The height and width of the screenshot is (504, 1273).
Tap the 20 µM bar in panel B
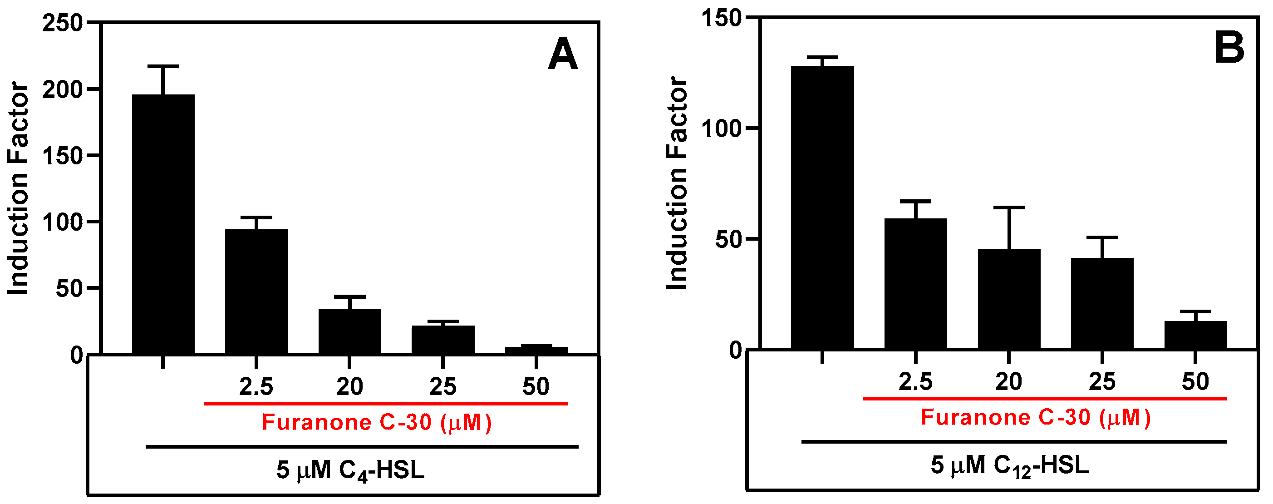point(1008,299)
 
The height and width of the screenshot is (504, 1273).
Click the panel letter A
point(562,55)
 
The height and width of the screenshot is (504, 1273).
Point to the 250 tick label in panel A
point(62,23)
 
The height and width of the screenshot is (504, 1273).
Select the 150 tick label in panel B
point(722,19)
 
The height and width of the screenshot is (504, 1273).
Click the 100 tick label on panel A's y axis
point(62,222)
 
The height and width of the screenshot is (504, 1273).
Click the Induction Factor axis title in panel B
point(677,183)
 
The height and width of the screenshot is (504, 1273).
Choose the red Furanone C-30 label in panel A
point(377,422)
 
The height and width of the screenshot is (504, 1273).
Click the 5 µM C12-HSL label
point(1009,466)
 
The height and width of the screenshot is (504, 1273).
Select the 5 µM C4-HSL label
point(350,470)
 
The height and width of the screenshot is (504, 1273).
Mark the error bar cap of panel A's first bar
point(163,66)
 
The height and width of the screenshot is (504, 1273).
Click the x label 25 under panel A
point(442,387)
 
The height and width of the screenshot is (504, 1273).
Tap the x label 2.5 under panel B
point(915,382)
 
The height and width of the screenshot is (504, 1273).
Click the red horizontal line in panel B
point(1044,398)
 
